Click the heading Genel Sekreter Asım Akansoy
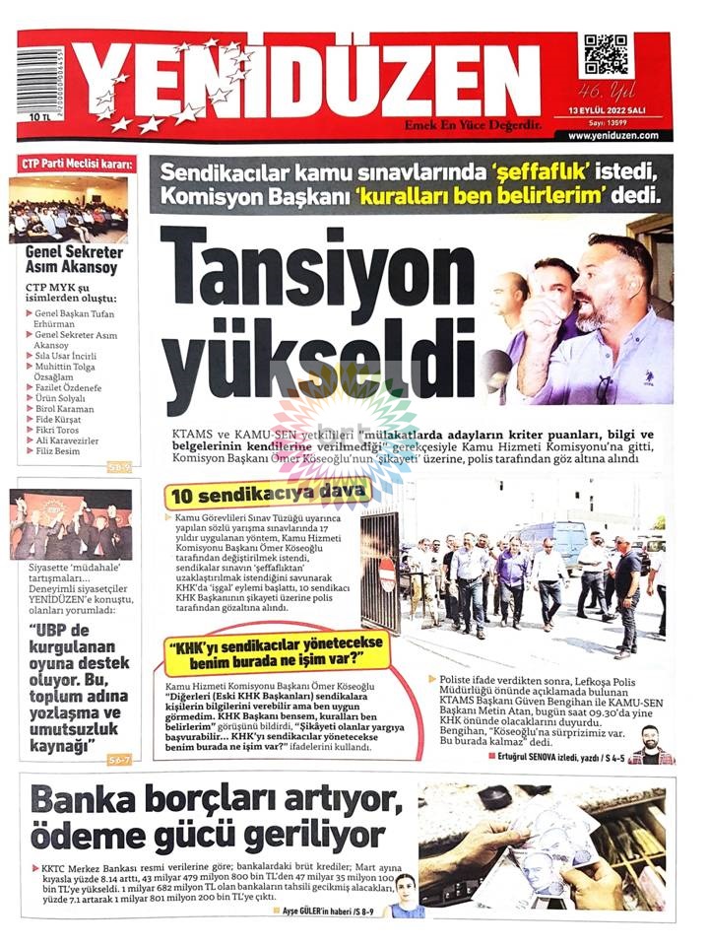[71, 259]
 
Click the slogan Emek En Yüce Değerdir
[473, 124]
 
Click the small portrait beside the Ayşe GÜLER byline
[404, 895]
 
